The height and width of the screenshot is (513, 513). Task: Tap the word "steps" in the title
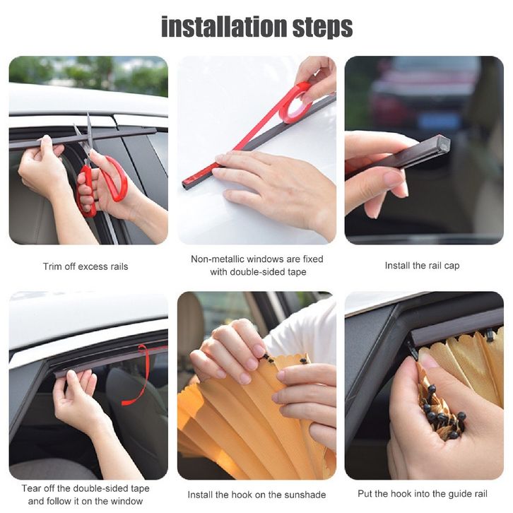[323, 28]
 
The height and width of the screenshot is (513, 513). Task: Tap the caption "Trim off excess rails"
[85, 266]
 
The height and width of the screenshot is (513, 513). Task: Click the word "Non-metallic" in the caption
[216, 259]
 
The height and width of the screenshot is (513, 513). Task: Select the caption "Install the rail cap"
[422, 266]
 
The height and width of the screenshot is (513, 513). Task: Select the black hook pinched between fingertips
[268, 358]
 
